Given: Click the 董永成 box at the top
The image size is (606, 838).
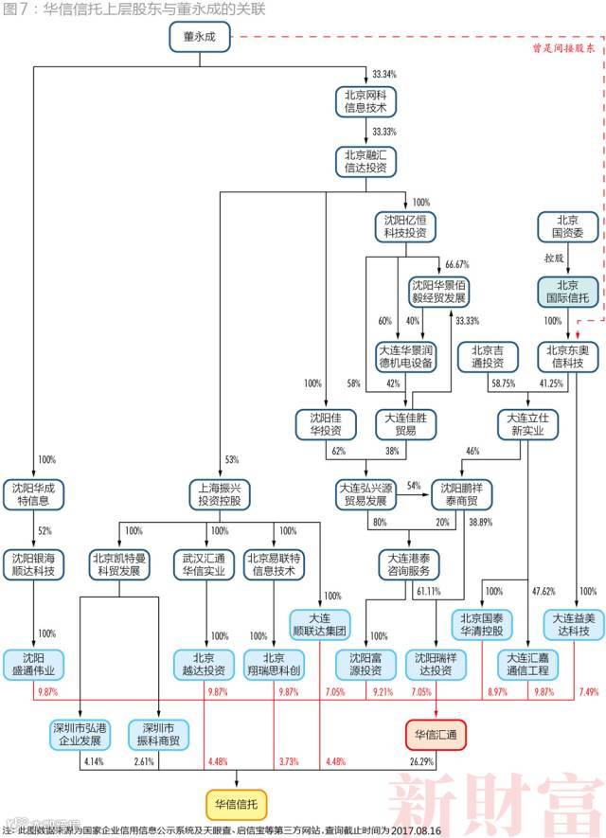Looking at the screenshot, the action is coord(200,37).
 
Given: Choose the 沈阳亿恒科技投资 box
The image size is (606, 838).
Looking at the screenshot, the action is coord(405,225).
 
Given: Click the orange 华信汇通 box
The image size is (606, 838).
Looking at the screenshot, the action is coord(435,734).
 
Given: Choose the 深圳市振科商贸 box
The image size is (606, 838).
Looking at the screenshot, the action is coord(159,734).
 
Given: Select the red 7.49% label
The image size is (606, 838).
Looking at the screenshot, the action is coord(589,692).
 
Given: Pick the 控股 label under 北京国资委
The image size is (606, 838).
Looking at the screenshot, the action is coord(555,258).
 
